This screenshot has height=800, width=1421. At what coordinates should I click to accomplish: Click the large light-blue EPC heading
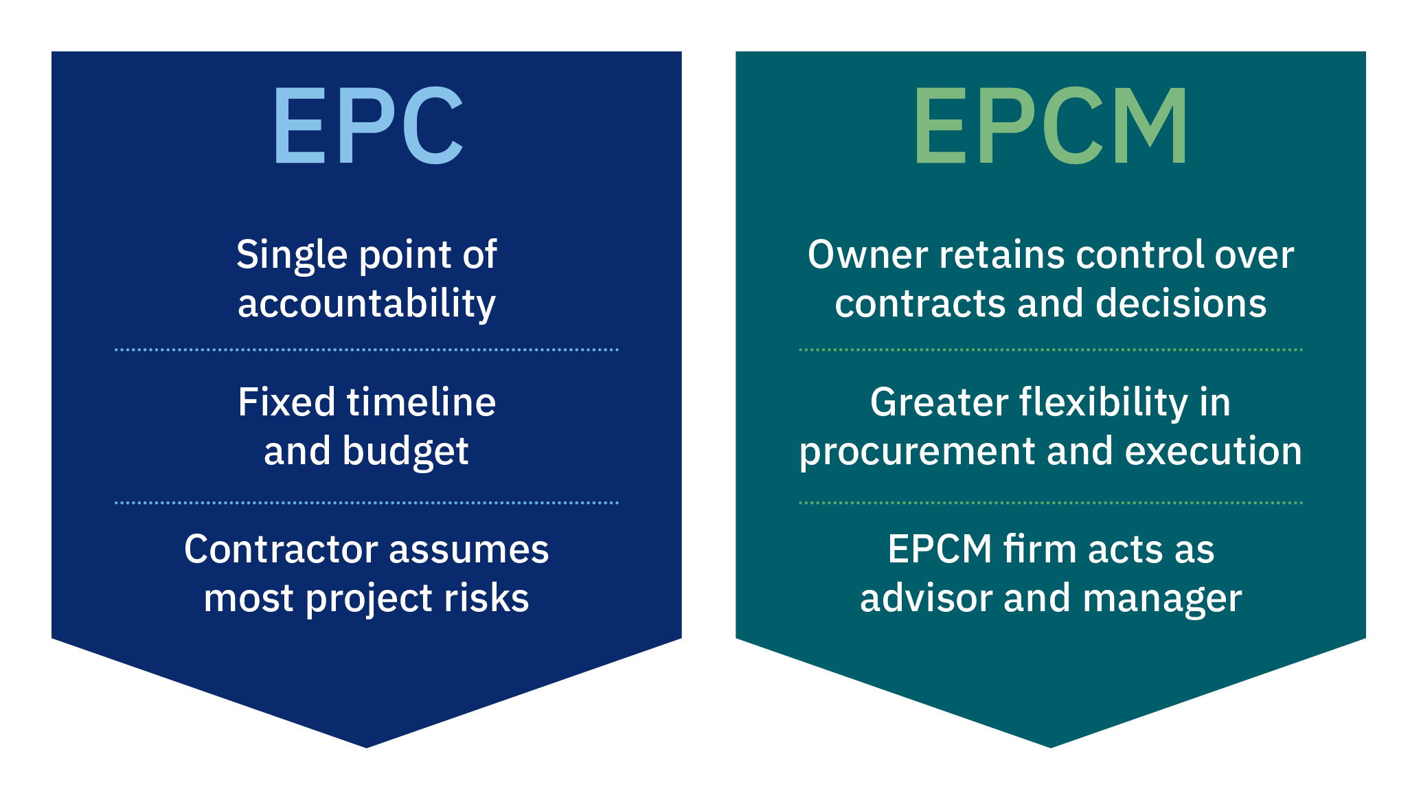(x=368, y=125)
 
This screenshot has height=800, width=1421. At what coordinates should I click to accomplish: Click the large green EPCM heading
(x=1051, y=125)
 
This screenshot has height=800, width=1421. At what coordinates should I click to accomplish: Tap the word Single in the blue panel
(x=292, y=256)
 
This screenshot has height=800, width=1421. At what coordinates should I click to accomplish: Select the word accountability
(x=367, y=304)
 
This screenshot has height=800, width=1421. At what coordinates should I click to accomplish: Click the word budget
(x=405, y=452)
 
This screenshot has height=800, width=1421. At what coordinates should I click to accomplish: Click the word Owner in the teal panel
(x=868, y=255)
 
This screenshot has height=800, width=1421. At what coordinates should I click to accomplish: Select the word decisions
(x=1181, y=304)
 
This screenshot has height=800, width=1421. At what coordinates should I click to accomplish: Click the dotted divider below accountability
(x=367, y=350)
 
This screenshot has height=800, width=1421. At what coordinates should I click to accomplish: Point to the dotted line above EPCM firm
(x=1051, y=503)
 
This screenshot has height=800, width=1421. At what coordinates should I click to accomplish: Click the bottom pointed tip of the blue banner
(x=367, y=747)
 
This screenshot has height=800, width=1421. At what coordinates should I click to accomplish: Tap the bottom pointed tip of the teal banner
(x=1051, y=747)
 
